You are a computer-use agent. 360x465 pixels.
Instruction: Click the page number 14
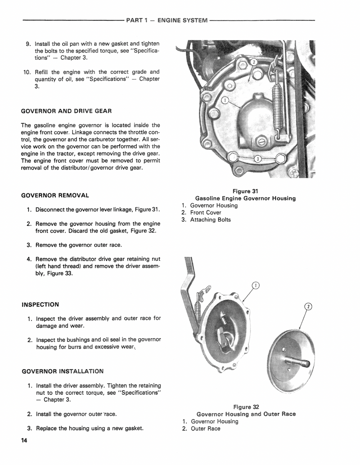point(24,441)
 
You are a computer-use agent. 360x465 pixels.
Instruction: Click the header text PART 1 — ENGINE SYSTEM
point(167,20)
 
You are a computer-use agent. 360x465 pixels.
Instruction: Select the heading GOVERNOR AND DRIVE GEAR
point(67,111)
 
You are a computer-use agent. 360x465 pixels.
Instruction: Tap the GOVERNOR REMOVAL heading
point(55,195)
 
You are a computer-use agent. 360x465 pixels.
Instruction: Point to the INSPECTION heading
point(40,304)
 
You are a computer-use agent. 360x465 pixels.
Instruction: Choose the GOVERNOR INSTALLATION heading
point(63,371)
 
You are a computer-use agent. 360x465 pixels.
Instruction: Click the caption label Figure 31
point(245,191)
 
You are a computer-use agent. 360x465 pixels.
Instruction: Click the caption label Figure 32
point(246,407)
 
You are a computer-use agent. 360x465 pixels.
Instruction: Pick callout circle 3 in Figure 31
point(257,159)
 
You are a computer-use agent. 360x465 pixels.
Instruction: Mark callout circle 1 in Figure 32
point(255,285)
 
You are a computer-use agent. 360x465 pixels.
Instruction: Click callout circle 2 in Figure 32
point(309,307)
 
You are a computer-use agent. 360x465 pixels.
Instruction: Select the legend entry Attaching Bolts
point(210,220)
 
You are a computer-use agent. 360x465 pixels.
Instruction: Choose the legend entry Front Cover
point(206,213)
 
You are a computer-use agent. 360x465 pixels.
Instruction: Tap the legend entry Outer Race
point(206,429)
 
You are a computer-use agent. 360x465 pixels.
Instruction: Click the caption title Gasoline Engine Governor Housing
point(245,198)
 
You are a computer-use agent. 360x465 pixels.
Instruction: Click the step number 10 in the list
point(26,72)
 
